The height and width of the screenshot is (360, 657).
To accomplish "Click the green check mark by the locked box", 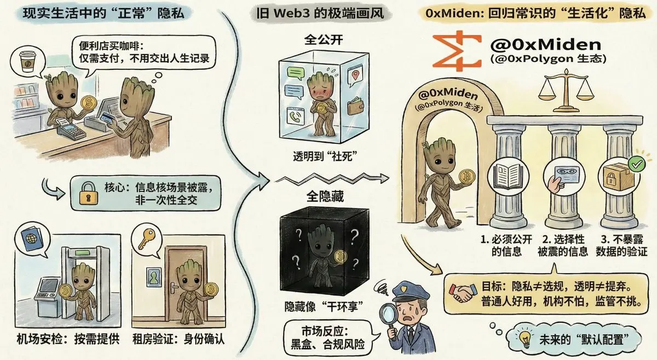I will click(x=635, y=164).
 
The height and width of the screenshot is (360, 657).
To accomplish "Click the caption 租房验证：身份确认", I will click(x=180, y=339).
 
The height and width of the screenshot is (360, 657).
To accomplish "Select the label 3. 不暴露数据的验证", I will click(x=621, y=245).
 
